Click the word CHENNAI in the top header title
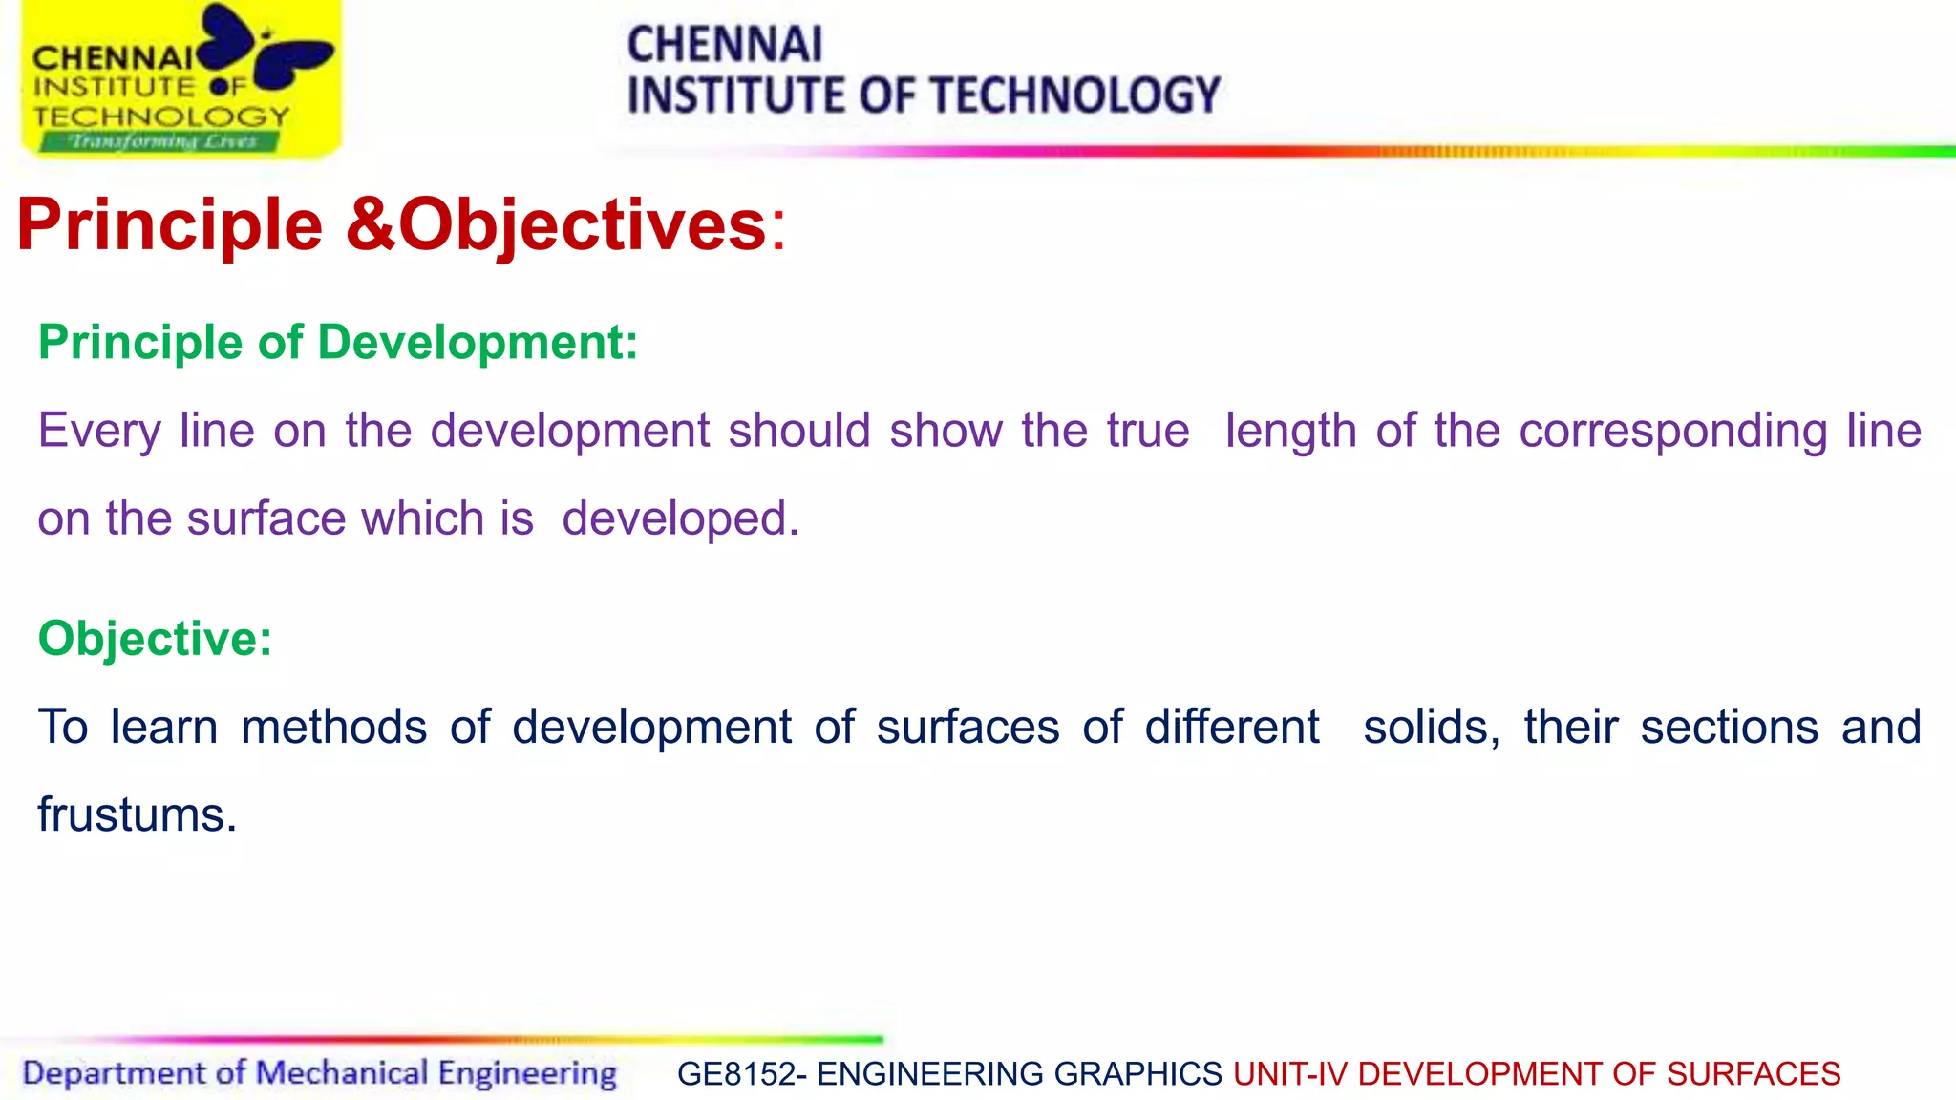point(724,45)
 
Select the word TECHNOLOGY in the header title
point(1074,95)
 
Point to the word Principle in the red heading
point(170,225)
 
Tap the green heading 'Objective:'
point(155,638)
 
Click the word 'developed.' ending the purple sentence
point(680,518)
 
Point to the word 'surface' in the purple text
point(266,518)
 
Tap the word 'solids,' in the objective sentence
point(1431,727)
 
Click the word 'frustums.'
point(138,815)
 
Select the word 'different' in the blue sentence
point(1231,727)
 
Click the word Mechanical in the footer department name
point(342,1073)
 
